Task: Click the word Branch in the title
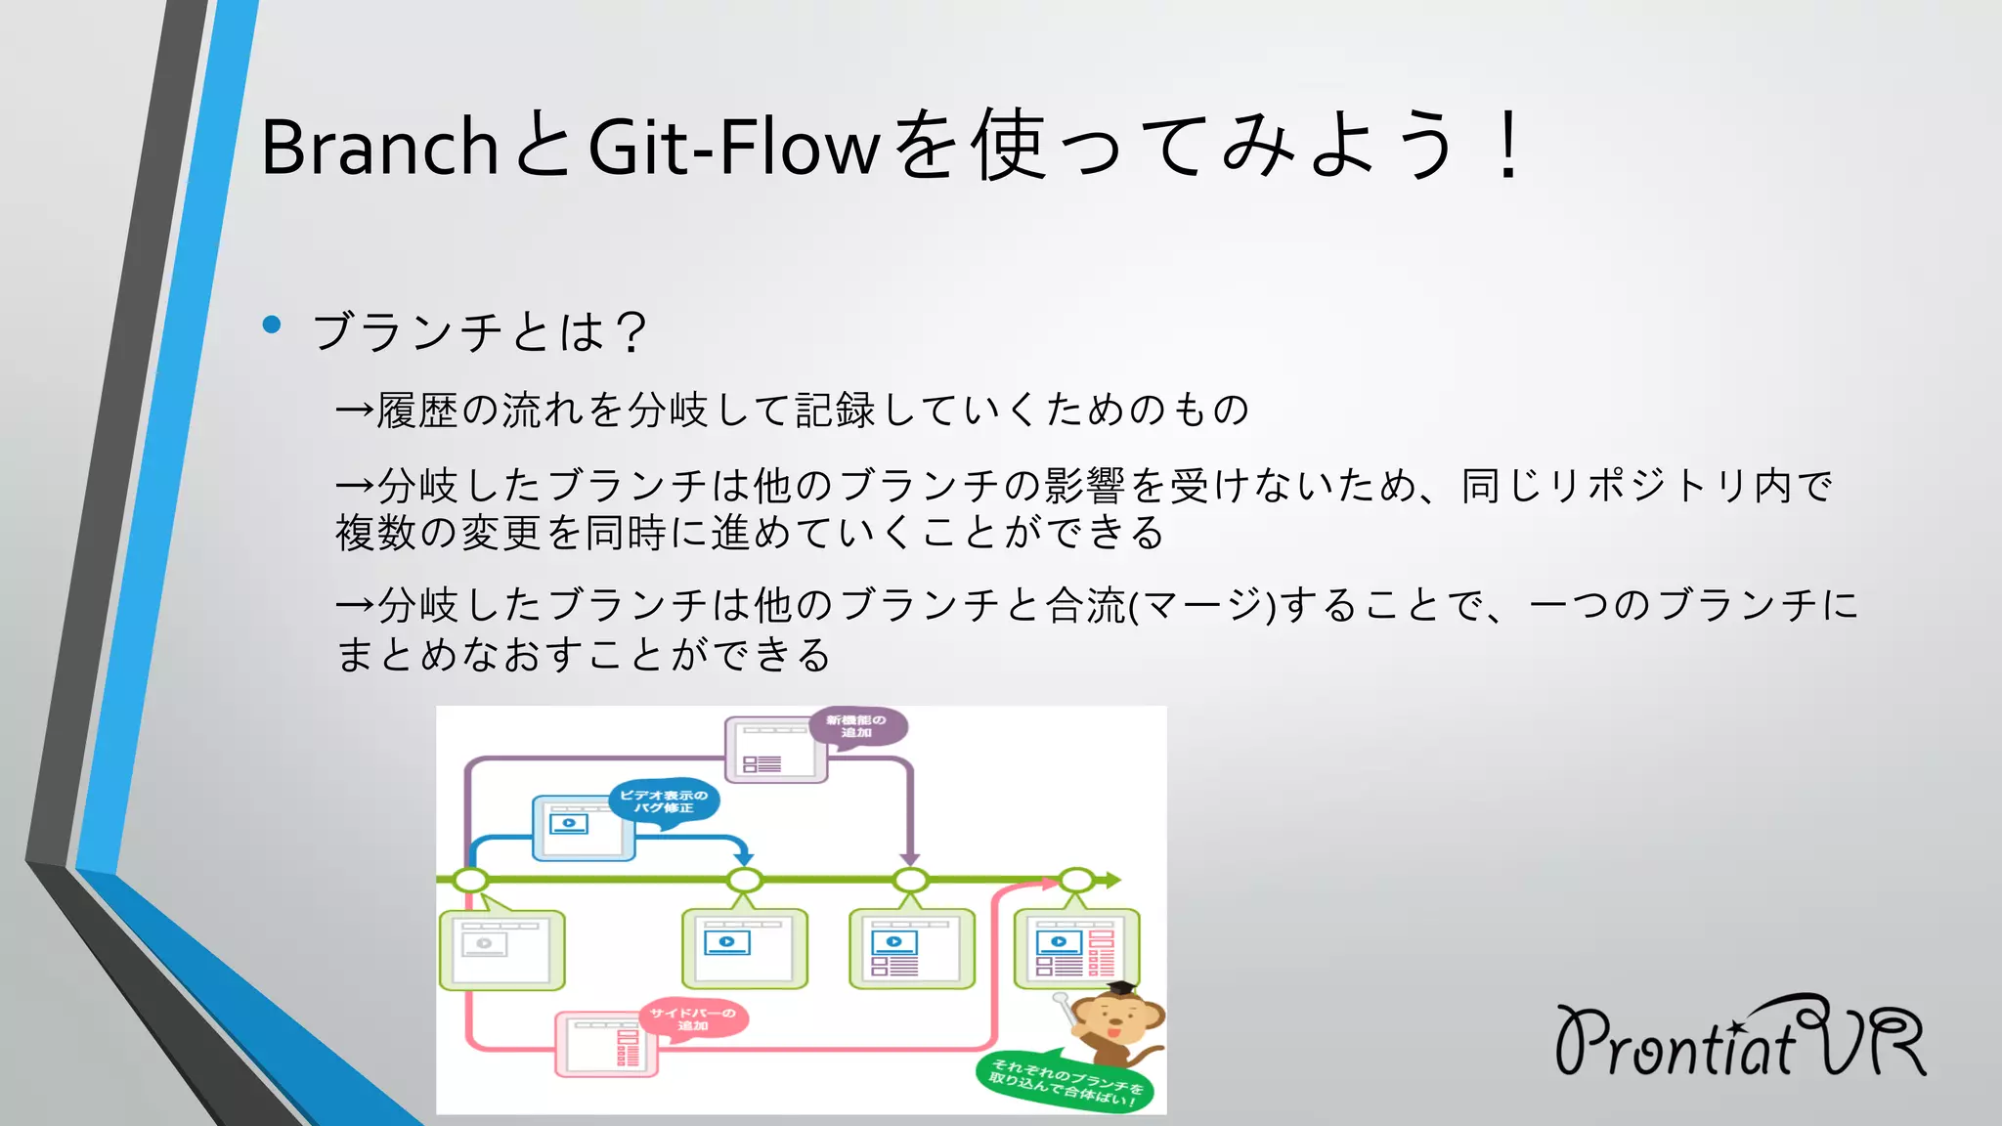379,147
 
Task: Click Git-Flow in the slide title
733,147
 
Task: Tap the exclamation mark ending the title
1509,147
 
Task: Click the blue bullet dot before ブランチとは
272,325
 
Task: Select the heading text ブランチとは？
479,331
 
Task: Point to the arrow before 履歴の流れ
354,410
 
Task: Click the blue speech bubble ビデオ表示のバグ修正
664,801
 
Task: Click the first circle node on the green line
471,880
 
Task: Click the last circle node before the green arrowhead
1076,880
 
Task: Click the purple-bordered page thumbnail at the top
775,751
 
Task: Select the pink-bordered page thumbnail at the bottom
606,1044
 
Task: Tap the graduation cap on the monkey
1121,989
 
